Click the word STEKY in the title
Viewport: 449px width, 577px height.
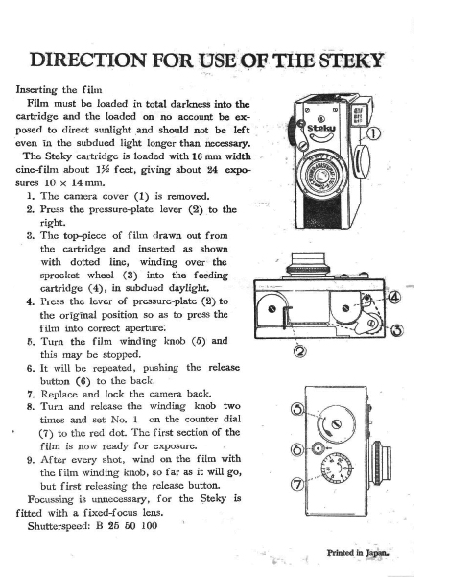[x=350, y=60]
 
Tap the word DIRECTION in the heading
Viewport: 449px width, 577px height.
[x=88, y=60]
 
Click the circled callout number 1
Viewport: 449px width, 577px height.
[x=373, y=134]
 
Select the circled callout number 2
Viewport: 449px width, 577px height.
[x=299, y=351]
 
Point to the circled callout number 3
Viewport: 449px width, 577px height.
[x=397, y=329]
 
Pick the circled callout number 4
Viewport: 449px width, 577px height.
[x=394, y=298]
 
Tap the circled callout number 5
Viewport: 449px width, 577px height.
[x=297, y=409]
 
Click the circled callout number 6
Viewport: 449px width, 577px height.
[x=297, y=449]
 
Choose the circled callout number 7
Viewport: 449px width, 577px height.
[x=297, y=484]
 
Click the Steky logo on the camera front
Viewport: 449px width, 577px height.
[x=321, y=128]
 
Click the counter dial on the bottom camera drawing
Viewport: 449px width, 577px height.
[x=337, y=469]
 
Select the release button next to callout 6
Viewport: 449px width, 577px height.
[x=318, y=448]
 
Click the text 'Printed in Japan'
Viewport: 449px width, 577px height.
[x=358, y=552]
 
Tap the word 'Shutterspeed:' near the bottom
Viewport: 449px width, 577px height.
[x=59, y=526]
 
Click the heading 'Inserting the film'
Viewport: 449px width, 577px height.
[x=59, y=90]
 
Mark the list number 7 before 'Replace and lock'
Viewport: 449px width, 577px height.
[x=30, y=395]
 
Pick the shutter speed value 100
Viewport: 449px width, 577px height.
[x=150, y=525]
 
